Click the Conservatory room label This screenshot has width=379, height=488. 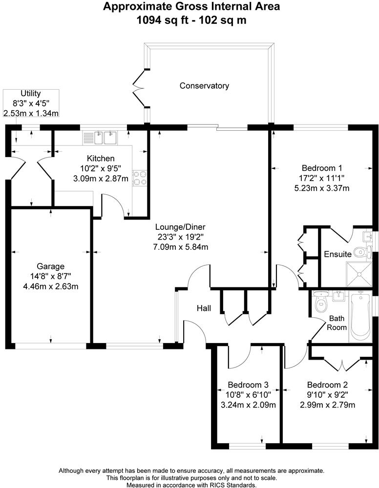tap(204, 86)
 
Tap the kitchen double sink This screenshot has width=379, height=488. tap(105, 137)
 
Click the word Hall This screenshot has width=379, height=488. tap(204, 308)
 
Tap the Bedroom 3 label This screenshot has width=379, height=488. tap(246, 385)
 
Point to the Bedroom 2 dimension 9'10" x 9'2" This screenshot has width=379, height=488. tap(327, 395)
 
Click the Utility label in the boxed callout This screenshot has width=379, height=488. tap(30, 94)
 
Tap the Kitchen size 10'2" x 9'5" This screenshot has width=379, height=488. tap(101, 169)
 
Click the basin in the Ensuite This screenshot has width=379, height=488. tap(367, 236)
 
